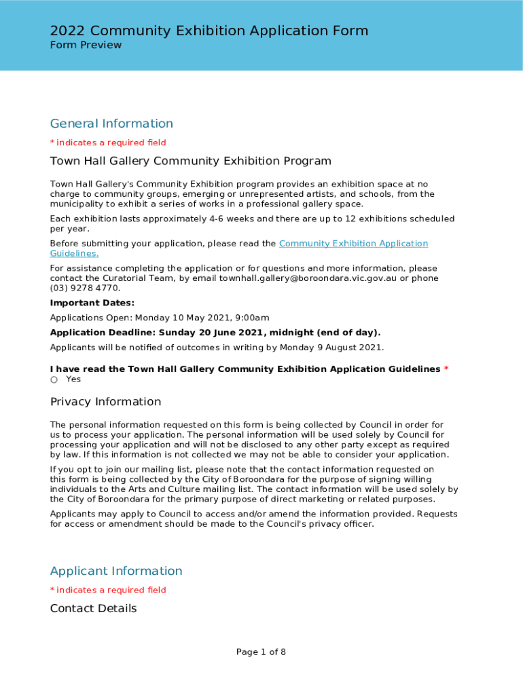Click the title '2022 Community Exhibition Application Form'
pos(209,31)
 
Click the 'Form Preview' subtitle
pos(86,45)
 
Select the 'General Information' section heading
pos(111,124)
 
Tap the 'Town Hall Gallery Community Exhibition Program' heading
pos(191,161)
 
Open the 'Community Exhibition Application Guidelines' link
pos(353,244)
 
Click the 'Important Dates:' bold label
pos(92,303)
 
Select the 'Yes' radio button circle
pos(54,379)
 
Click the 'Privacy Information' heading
pos(105,402)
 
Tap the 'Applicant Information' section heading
pos(116,571)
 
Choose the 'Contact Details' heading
pos(93,608)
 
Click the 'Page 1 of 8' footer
pos(261,652)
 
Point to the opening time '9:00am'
pos(250,318)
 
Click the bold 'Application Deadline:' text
pos(103,333)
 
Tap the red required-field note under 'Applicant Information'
pos(108,590)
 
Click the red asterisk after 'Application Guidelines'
pos(446,369)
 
